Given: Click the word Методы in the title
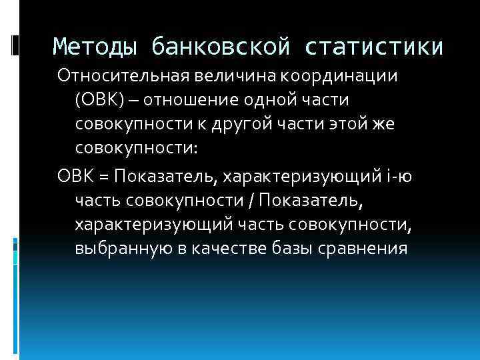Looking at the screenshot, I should point(95,47).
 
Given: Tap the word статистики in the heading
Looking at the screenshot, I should point(375,47).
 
